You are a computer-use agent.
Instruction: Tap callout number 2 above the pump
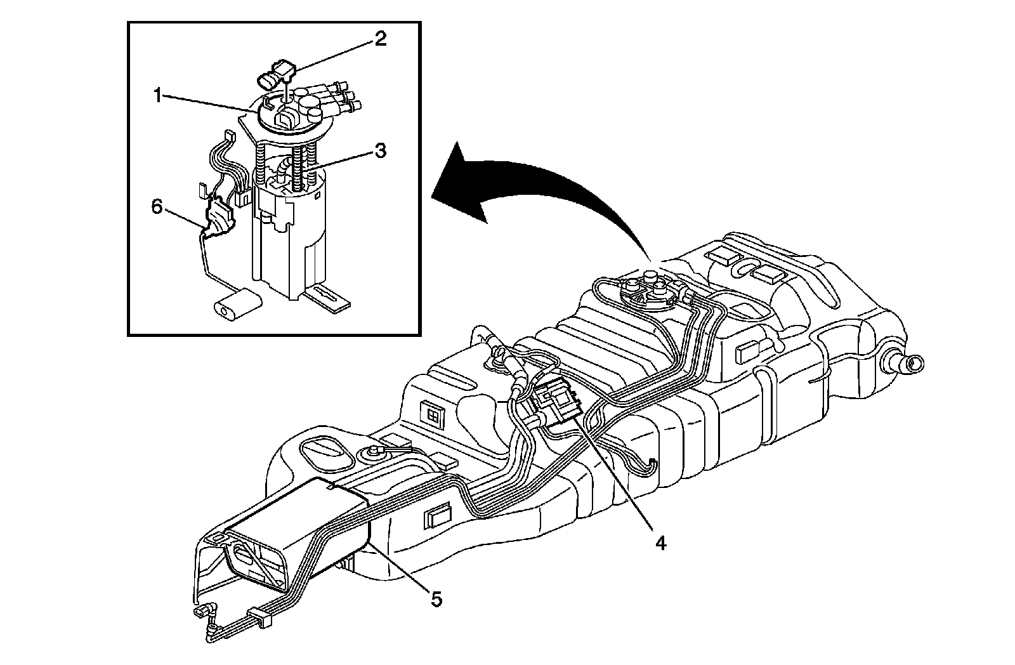click(x=379, y=39)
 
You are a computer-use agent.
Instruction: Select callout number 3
click(x=379, y=151)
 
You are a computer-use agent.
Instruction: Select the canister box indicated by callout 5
click(x=298, y=533)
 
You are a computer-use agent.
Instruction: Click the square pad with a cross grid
click(x=433, y=414)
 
